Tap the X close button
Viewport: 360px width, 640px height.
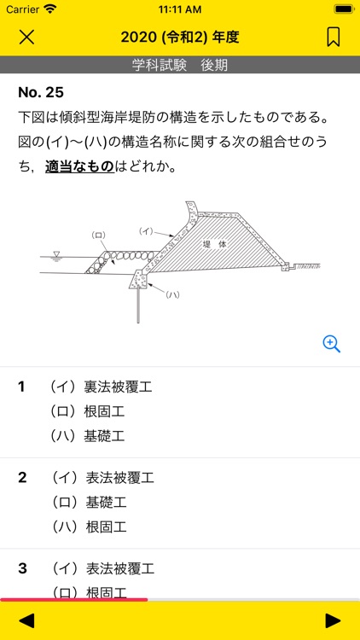click(x=27, y=37)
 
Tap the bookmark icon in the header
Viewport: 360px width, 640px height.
click(x=333, y=37)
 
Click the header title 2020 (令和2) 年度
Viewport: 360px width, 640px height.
click(x=180, y=37)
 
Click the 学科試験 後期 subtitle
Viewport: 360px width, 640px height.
click(x=180, y=66)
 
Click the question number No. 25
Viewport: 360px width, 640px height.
click(x=41, y=92)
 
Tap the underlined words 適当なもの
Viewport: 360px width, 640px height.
click(x=79, y=166)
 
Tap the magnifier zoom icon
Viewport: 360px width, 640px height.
click(x=332, y=343)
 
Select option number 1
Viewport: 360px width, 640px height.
click(x=22, y=387)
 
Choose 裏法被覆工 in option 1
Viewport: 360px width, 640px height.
click(x=118, y=387)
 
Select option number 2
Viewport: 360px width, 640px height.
click(x=22, y=477)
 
